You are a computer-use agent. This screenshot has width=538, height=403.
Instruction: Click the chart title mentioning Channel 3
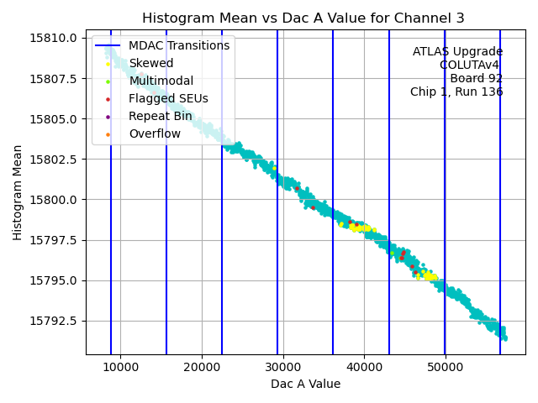(x=303, y=18)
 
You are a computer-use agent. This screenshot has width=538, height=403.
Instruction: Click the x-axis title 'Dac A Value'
(x=305, y=384)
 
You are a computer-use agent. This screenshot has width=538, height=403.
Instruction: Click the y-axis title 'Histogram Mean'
(x=18, y=192)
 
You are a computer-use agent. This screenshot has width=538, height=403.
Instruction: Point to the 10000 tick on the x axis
(x=120, y=367)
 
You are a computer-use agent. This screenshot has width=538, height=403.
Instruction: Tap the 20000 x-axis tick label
(x=202, y=367)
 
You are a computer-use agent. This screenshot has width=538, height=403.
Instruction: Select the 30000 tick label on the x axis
(x=282, y=367)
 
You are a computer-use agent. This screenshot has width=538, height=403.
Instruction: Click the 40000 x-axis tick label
(x=364, y=367)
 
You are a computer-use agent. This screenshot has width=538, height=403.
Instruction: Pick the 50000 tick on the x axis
(x=445, y=367)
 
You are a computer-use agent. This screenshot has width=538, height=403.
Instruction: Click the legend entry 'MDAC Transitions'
(x=178, y=45)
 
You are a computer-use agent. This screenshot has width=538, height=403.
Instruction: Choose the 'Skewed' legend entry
(x=151, y=63)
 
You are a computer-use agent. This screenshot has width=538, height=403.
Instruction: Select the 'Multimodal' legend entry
(x=161, y=81)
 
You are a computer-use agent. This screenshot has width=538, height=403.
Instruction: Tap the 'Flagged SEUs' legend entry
(x=168, y=98)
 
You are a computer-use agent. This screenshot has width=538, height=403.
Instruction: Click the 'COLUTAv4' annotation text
(x=471, y=65)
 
